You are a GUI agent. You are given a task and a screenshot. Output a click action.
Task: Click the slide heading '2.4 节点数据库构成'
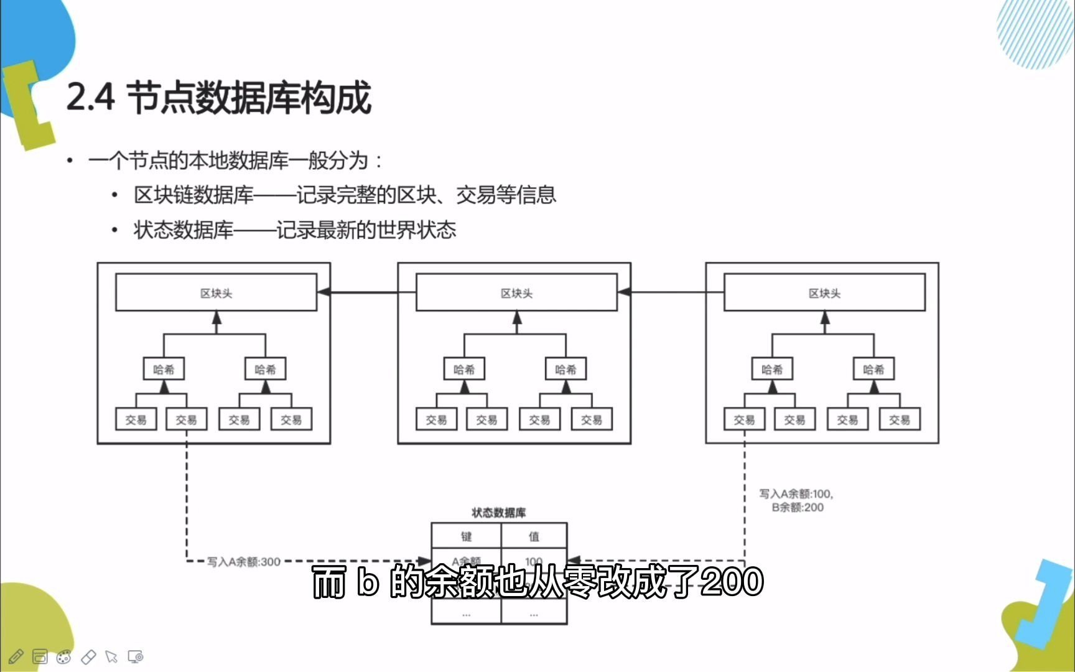(x=218, y=98)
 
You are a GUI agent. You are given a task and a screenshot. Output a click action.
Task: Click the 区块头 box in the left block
(x=216, y=292)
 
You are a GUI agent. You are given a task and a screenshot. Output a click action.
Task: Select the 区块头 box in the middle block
(x=516, y=292)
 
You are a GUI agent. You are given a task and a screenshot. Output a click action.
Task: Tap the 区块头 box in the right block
(x=824, y=292)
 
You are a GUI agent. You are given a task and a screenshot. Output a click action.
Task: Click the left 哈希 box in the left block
(x=164, y=369)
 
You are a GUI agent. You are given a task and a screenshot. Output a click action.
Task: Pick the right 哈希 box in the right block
(x=873, y=369)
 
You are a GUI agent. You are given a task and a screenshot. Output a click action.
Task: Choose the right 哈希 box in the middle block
(x=565, y=369)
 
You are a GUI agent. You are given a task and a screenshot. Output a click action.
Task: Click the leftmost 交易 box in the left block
(x=136, y=419)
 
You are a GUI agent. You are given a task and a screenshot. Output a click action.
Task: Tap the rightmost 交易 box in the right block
(x=899, y=419)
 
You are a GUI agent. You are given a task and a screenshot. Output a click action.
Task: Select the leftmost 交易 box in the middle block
(x=436, y=419)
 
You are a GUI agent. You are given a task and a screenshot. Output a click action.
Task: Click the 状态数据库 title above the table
(x=498, y=513)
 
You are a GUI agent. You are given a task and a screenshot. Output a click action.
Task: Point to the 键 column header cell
(x=466, y=536)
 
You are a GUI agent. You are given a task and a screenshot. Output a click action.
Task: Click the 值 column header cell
(x=534, y=536)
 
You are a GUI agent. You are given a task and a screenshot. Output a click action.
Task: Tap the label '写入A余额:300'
(x=244, y=562)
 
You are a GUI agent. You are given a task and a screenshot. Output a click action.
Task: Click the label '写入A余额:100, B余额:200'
(x=796, y=500)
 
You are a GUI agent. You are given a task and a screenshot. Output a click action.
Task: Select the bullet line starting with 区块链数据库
(x=345, y=195)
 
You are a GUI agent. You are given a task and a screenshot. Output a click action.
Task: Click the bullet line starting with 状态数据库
(x=295, y=230)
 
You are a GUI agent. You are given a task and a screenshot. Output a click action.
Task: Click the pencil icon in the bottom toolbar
(x=16, y=656)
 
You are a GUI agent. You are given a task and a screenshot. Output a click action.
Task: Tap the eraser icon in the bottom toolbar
(x=88, y=656)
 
